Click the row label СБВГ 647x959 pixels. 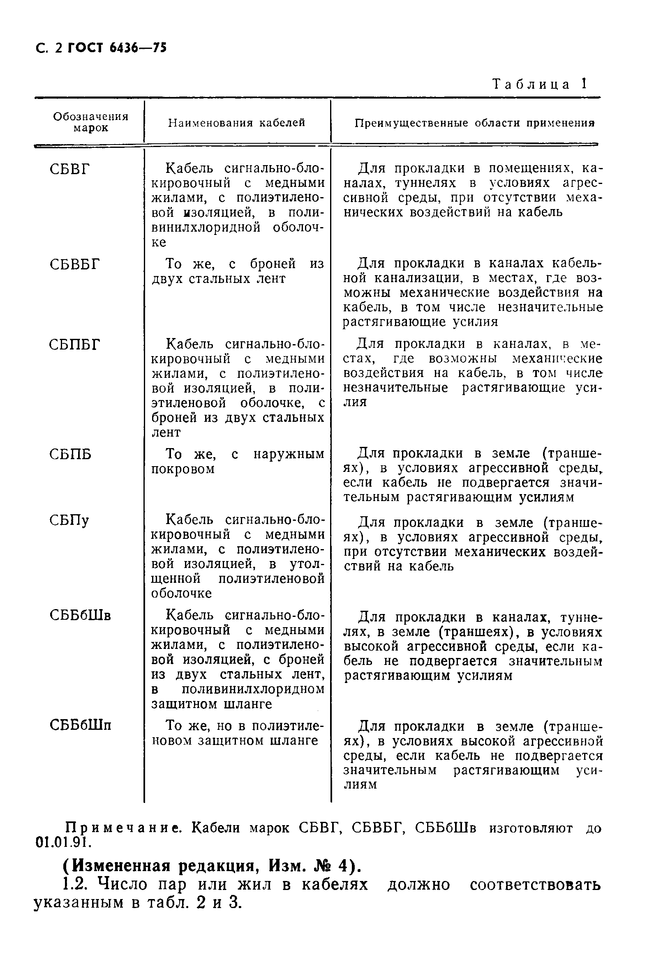click(69, 169)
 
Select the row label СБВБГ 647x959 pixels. click(75, 264)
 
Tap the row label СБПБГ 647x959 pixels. click(75, 344)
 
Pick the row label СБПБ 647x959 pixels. click(70, 454)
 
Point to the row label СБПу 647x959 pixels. click(69, 521)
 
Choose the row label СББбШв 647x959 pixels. click(80, 616)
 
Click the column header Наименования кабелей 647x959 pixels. click(236, 123)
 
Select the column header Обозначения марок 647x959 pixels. click(91, 122)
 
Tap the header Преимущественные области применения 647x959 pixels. click(474, 123)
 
